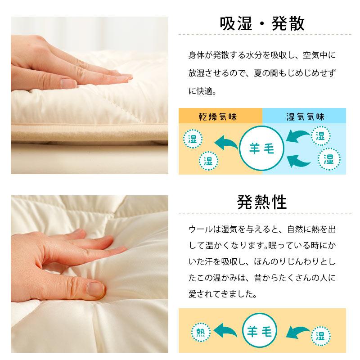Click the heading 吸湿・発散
pyautogui.click(x=262, y=23)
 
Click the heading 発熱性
pyautogui.click(x=262, y=202)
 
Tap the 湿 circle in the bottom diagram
pyautogui.click(x=320, y=335)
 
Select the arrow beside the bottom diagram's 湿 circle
pyautogui.click(x=296, y=333)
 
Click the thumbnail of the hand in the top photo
pyautogui.click(x=67, y=83)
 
